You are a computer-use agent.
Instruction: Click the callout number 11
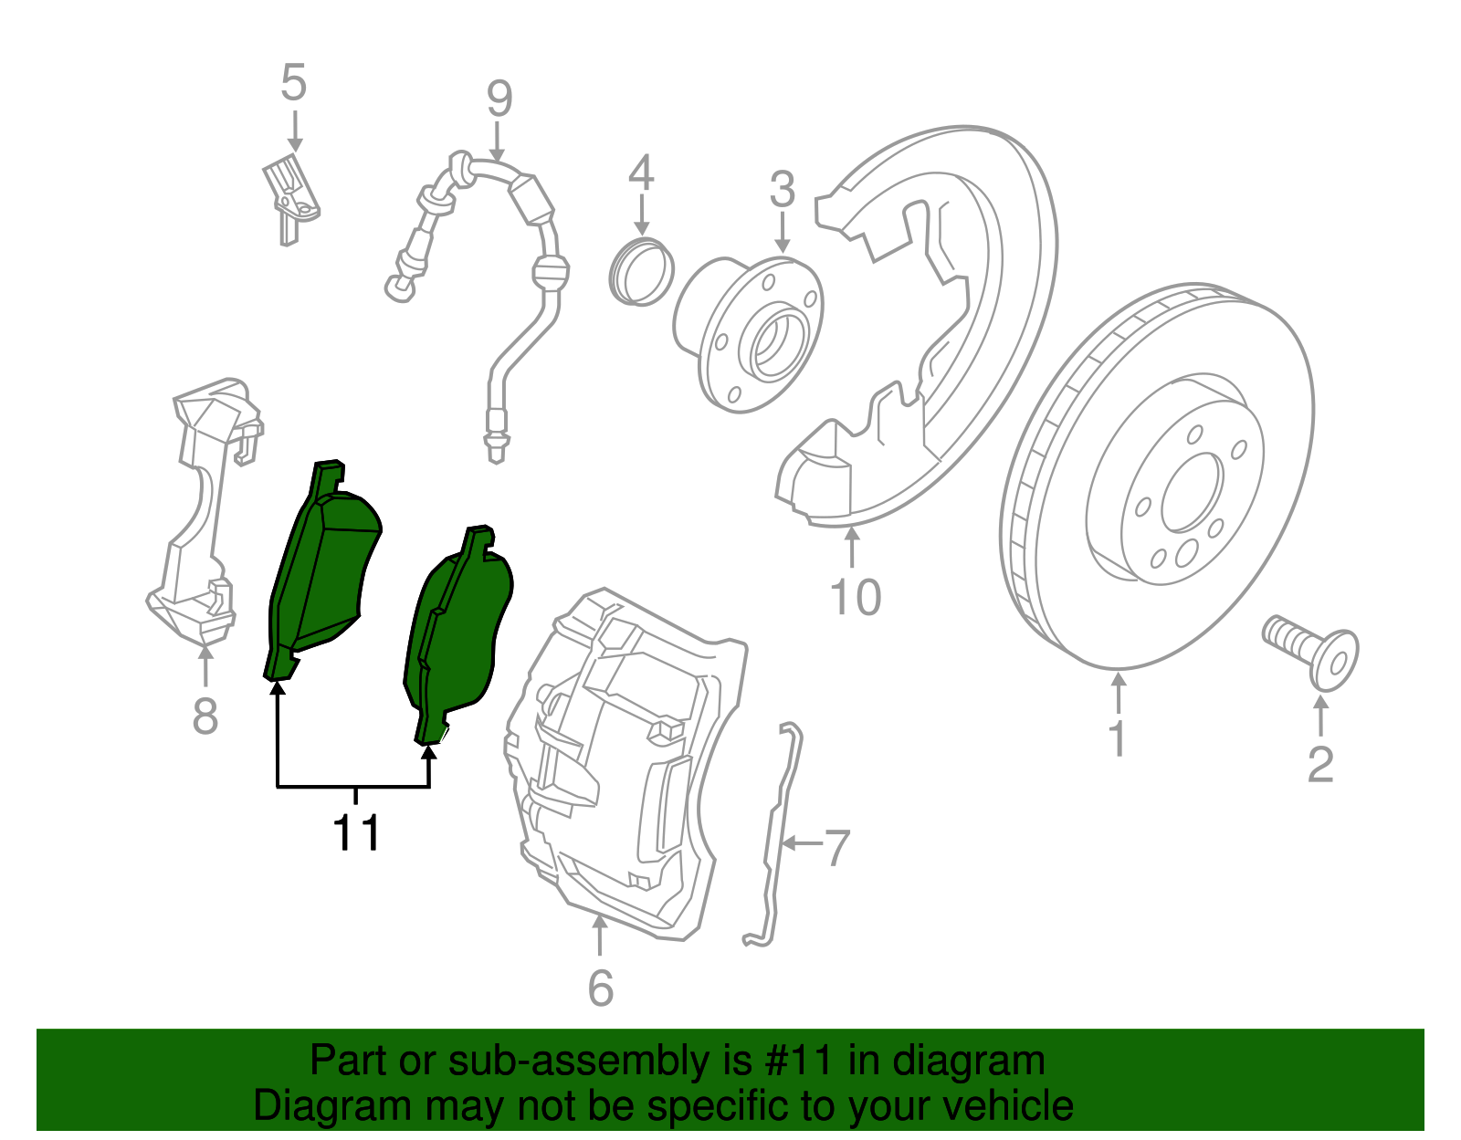point(356,832)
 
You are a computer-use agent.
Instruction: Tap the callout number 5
point(293,84)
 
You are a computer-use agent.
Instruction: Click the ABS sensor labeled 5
point(290,195)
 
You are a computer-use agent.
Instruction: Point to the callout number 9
point(499,99)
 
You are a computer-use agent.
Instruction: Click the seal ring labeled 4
point(641,271)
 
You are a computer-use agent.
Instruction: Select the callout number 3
point(782,190)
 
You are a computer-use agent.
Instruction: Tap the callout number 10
point(855,599)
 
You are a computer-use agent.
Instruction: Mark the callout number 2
point(1320,765)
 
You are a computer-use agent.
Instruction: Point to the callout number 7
point(837,848)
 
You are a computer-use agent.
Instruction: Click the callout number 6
point(600,988)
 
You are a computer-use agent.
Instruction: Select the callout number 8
point(205,715)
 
